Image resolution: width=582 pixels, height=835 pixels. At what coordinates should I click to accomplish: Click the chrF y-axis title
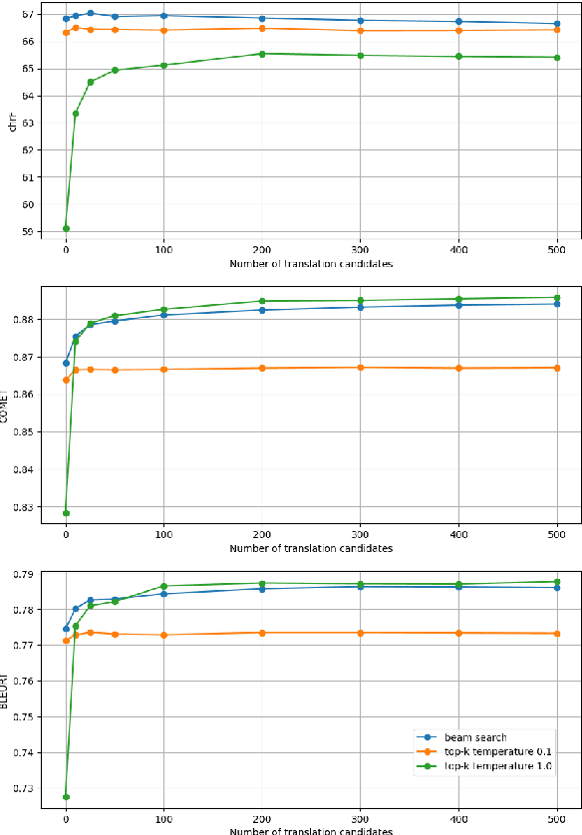coord(13,124)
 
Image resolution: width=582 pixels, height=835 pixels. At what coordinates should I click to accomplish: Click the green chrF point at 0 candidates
coord(66,228)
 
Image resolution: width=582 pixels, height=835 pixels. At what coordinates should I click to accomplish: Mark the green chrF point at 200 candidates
coord(262,54)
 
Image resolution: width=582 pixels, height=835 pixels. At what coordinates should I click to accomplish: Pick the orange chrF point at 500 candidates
coord(556,30)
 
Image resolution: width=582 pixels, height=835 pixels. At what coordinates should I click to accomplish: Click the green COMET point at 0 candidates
coord(66,513)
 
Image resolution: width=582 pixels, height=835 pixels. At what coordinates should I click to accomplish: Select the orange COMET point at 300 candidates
coord(360,368)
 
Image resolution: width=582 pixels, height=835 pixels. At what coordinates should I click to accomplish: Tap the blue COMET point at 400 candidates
coord(458,305)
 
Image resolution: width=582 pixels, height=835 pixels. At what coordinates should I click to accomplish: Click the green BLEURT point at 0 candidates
coord(66,797)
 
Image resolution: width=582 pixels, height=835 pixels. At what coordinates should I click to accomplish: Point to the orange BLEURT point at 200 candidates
coord(262,633)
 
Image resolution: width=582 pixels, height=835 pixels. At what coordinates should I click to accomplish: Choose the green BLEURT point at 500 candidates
coord(556,582)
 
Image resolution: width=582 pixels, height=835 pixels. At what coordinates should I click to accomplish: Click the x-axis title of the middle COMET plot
coord(311,549)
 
